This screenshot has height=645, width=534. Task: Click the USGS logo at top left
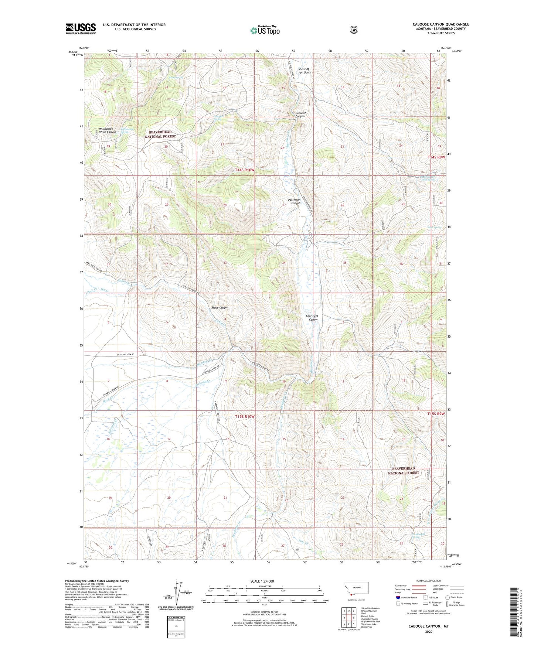click(81, 28)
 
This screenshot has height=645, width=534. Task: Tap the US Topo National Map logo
click(264, 30)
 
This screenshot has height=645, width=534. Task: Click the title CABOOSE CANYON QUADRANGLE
click(441, 24)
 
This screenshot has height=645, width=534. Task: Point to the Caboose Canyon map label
click(300, 115)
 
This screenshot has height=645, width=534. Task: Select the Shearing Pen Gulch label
click(305, 71)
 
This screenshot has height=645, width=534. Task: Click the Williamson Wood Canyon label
click(108, 130)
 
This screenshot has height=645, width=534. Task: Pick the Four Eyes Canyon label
click(312, 318)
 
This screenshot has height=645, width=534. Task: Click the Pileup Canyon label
click(219, 307)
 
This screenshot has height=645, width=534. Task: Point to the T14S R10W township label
click(245, 170)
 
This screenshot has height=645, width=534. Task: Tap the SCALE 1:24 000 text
click(262, 581)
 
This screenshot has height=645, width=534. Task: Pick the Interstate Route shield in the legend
click(398, 597)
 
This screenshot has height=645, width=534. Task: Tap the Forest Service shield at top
click(354, 30)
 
